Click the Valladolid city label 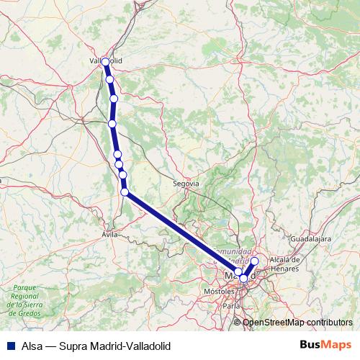pyautogui.click(x=105, y=61)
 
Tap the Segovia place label pyautogui.click(x=185, y=184)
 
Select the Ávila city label pyautogui.click(x=109, y=234)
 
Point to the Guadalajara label pyautogui.click(x=310, y=236)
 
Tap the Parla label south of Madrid pyautogui.click(x=231, y=305)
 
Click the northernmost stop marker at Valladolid pyautogui.click(x=106, y=62)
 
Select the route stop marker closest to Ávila pyautogui.click(x=125, y=192)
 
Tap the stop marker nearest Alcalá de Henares pyautogui.click(x=254, y=261)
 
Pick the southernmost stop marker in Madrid pyautogui.click(x=244, y=278)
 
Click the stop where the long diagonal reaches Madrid pyautogui.click(x=238, y=272)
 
